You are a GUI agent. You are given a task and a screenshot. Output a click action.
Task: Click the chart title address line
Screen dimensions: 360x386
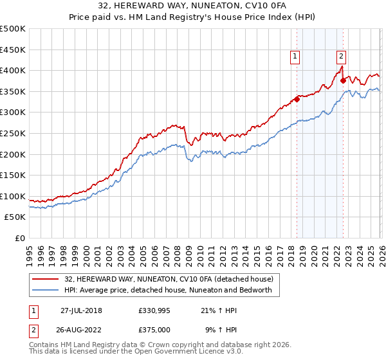193,6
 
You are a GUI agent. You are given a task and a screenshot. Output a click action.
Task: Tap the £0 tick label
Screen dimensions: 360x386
19,239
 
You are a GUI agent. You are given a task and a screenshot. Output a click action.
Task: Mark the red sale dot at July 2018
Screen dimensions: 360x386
297,99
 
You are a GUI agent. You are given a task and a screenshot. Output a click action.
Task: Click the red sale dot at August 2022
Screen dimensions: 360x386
344,80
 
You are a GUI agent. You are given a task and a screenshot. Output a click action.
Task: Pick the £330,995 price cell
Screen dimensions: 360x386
153,310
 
